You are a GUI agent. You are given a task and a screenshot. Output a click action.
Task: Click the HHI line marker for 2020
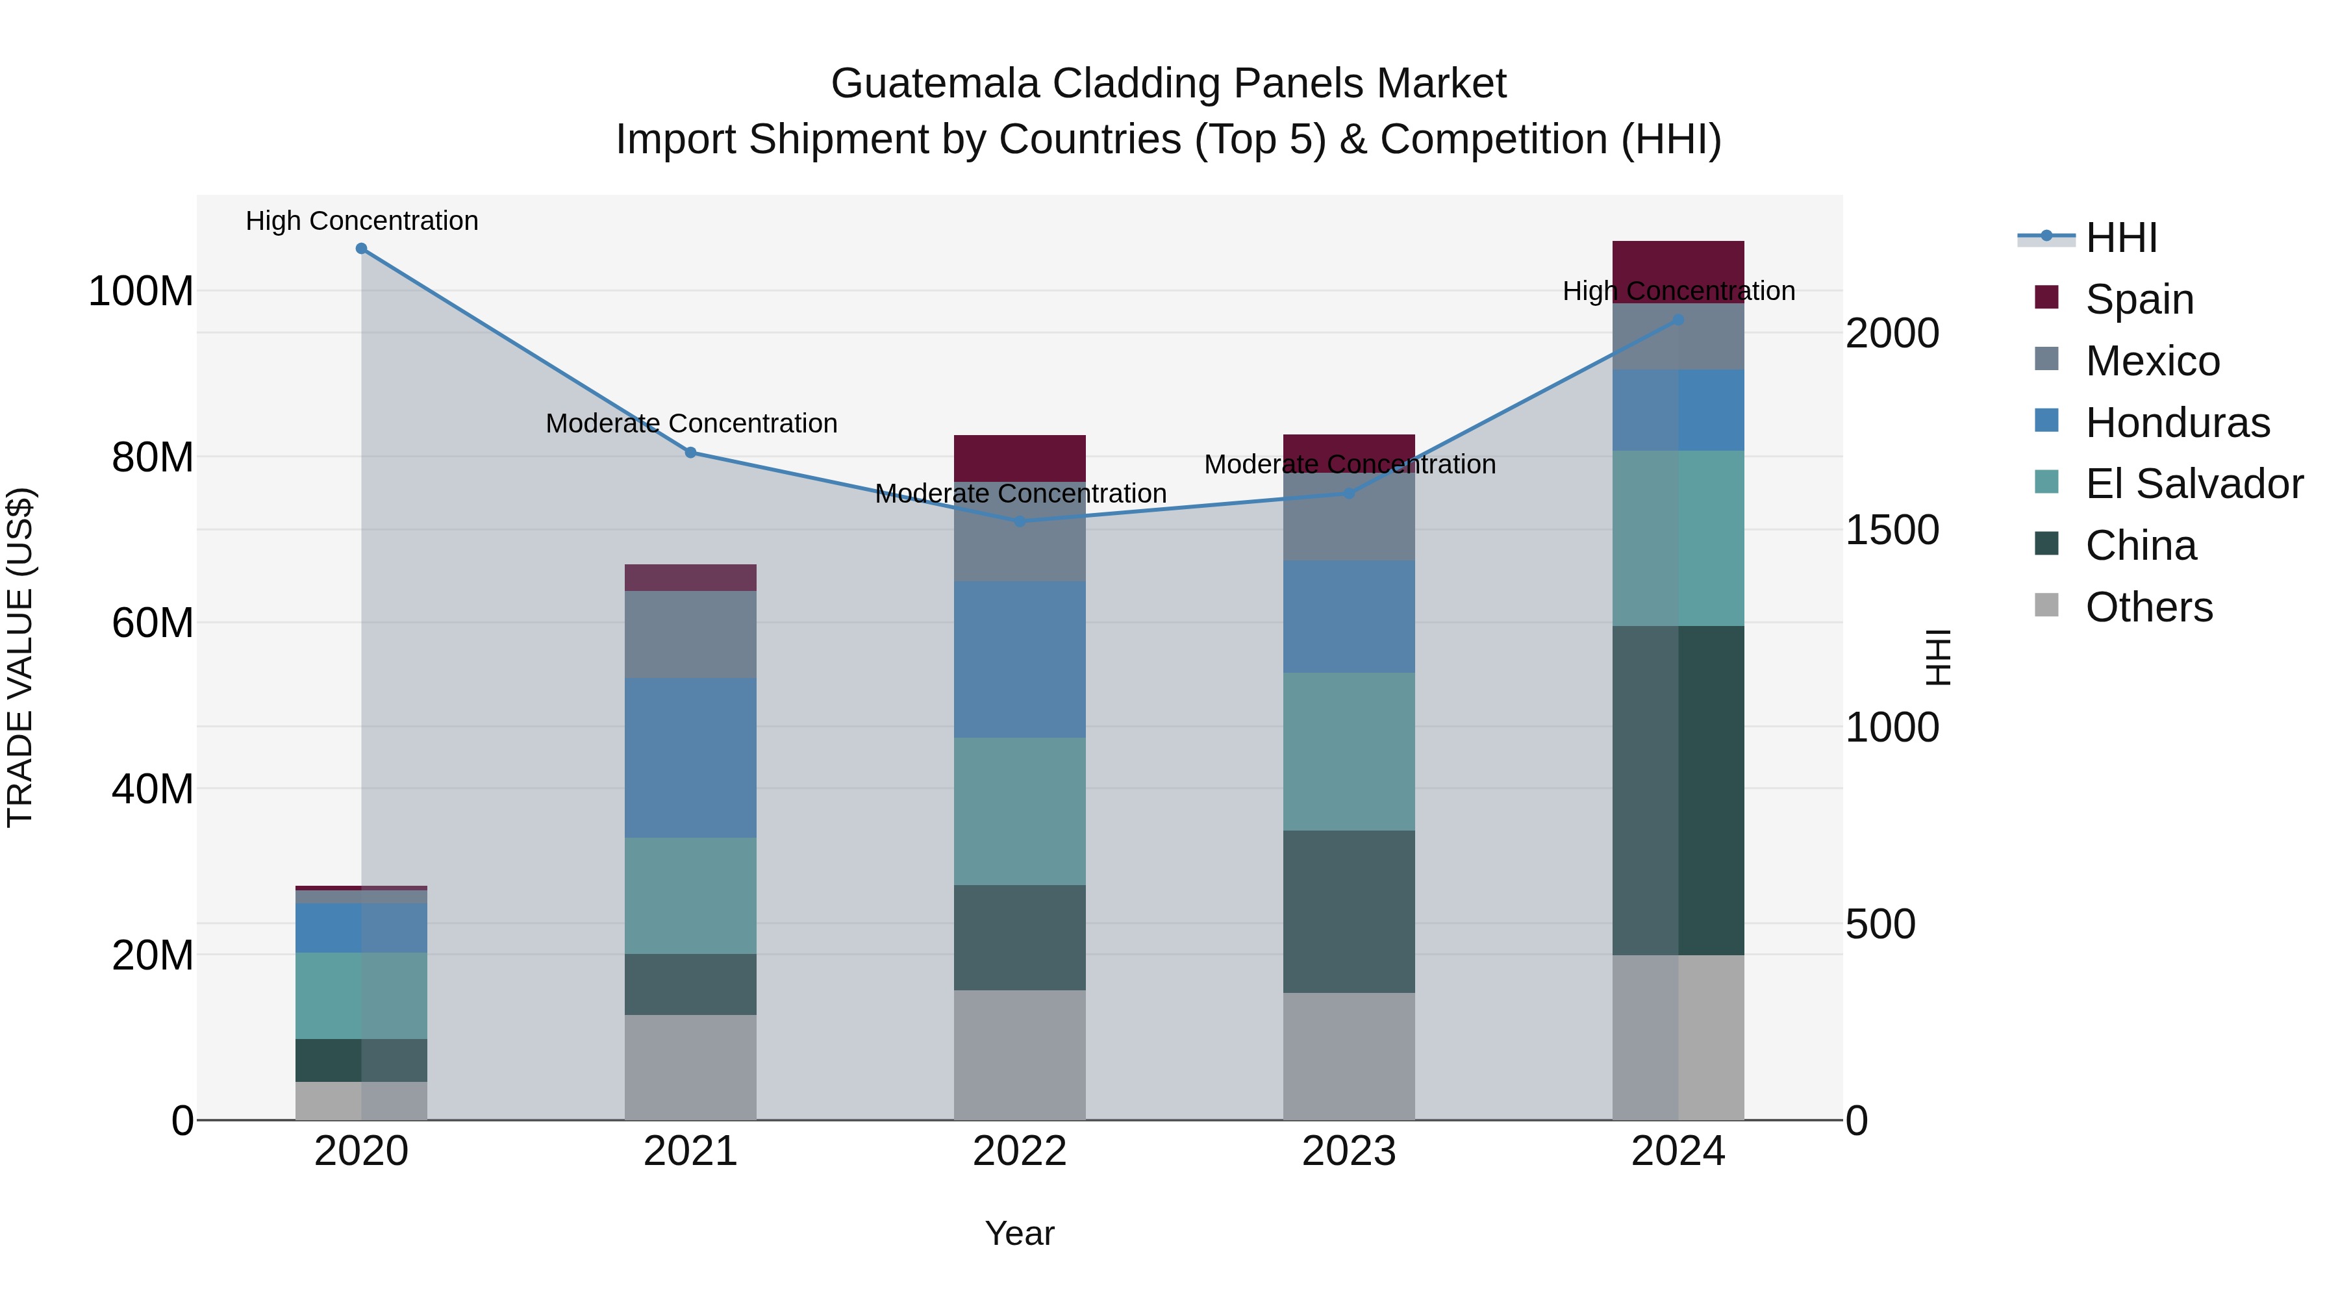pyautogui.click(x=361, y=249)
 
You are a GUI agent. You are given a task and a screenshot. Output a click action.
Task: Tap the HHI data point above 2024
pyautogui.click(x=1678, y=320)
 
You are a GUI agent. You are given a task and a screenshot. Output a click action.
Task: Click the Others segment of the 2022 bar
pyautogui.click(x=1019, y=1055)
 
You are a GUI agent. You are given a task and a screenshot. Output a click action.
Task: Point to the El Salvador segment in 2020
pyautogui.click(x=361, y=996)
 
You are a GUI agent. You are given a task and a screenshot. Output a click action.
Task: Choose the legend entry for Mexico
pyautogui.click(x=2152, y=361)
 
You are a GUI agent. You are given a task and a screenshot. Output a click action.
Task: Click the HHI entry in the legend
pyautogui.click(x=2121, y=238)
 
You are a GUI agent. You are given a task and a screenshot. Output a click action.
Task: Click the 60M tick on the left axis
pyautogui.click(x=153, y=623)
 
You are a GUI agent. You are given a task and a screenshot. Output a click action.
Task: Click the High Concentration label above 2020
pyautogui.click(x=361, y=221)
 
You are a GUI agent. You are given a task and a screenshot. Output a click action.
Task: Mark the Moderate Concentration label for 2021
pyautogui.click(x=691, y=424)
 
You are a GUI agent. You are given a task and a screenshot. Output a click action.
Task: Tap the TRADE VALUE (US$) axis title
pyautogui.click(x=20, y=657)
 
